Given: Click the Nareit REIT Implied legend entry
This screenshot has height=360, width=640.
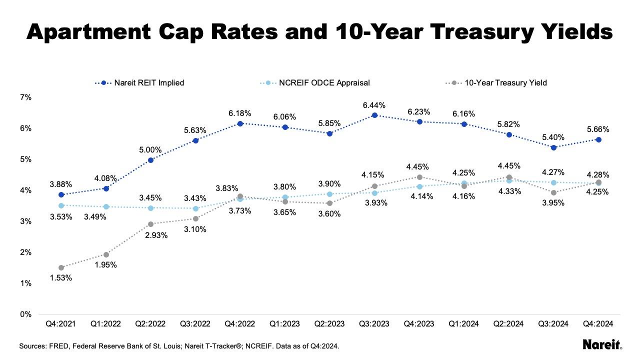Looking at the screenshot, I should (149, 83).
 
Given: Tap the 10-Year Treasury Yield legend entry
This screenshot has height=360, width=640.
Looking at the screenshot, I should (505, 83).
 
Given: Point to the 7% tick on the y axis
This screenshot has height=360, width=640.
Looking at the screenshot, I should (26, 97).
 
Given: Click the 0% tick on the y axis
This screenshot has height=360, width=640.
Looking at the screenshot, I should (26, 314).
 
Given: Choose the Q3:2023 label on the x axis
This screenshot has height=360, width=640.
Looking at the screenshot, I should (374, 324).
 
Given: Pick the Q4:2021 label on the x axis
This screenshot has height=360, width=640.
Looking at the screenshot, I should (61, 324).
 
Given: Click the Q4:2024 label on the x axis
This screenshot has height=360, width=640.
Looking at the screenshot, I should (598, 324).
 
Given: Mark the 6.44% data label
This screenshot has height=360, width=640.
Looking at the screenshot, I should (374, 106).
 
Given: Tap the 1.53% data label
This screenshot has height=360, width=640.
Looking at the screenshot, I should (61, 277).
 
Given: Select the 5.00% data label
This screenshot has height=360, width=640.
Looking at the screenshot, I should (150, 149).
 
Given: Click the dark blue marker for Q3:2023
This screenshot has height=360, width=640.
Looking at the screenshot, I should (374, 115).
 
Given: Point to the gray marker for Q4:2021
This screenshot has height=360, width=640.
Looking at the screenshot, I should (61, 267).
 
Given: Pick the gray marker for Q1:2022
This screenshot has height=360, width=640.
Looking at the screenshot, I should (106, 254).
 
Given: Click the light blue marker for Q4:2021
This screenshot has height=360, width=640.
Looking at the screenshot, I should (61, 205).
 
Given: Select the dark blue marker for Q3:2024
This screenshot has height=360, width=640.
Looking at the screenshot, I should (553, 147).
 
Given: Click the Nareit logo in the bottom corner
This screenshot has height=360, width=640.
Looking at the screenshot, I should (602, 344).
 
